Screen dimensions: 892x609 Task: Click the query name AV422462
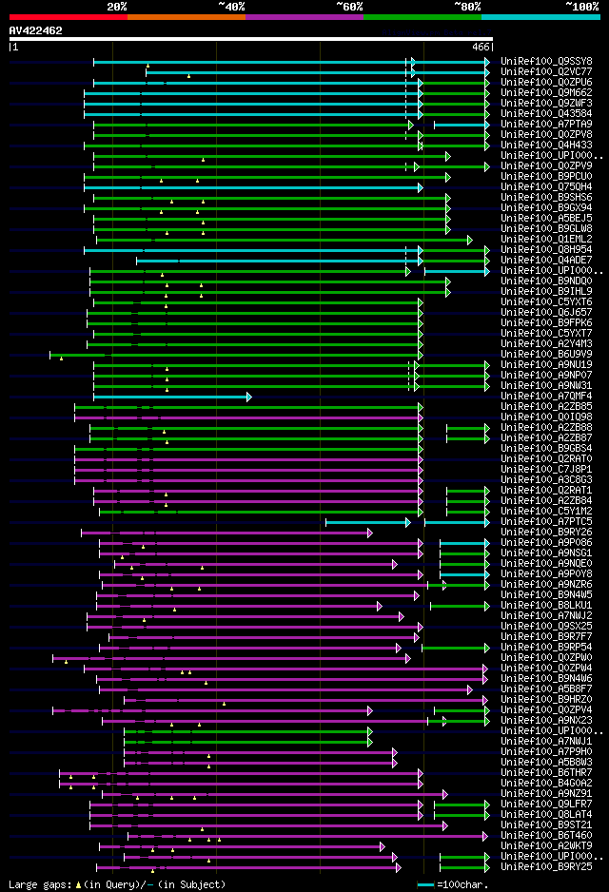35,30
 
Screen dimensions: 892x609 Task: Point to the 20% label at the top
117,6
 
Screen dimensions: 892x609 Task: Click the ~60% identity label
349,6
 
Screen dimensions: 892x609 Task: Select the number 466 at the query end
481,46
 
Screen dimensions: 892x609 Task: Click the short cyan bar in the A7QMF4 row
171,396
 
